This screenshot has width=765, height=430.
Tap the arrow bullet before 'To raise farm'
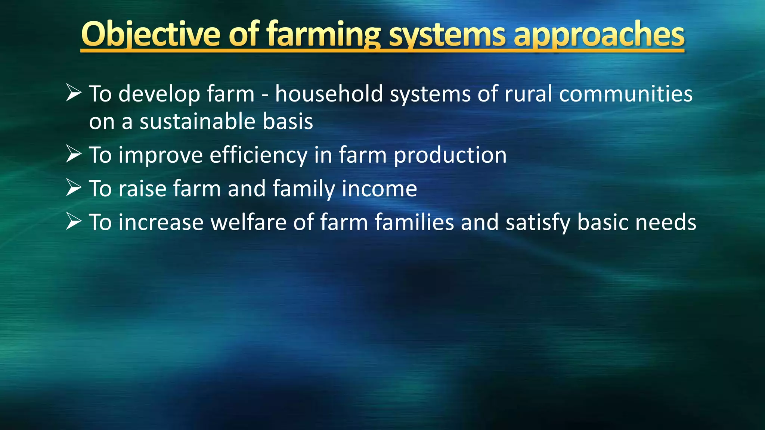pyautogui.click(x=74, y=188)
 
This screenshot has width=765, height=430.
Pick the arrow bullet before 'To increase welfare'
pyautogui.click(x=74, y=221)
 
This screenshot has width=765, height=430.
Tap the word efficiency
pyautogui.click(x=258, y=155)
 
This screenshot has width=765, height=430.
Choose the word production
pyautogui.click(x=450, y=155)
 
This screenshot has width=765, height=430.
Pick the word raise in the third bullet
pyautogui.click(x=142, y=188)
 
